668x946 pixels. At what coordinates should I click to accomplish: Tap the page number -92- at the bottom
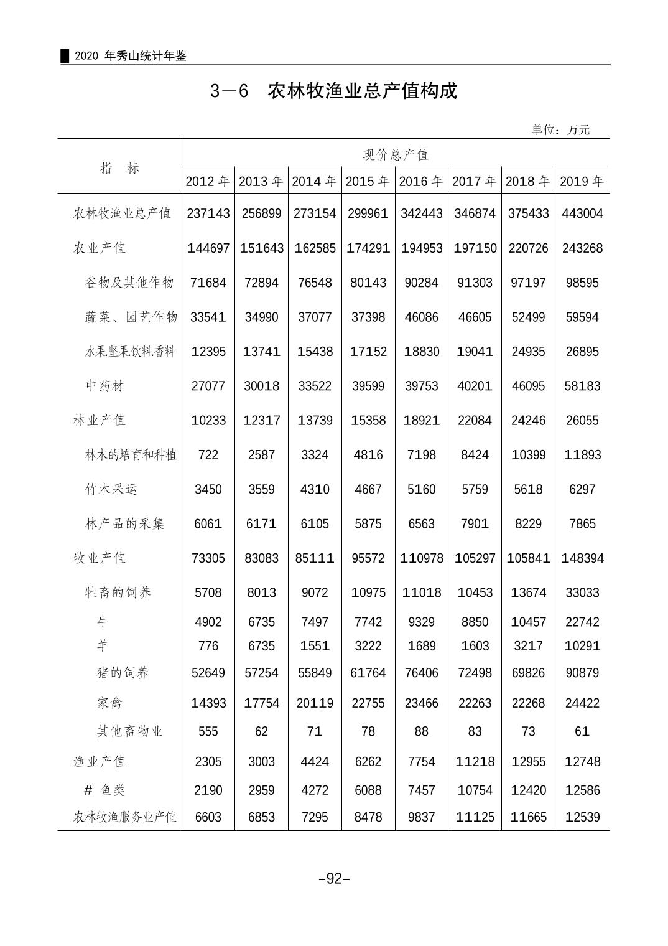point(334,878)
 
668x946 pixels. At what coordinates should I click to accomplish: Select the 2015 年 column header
point(368,181)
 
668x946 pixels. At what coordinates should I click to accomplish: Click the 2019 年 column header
point(582,181)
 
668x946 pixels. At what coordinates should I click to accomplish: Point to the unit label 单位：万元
point(560,129)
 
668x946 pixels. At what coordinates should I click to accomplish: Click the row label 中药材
point(105,386)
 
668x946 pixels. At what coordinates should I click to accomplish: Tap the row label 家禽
point(110,703)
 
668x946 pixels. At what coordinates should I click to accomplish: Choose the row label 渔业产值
point(100,761)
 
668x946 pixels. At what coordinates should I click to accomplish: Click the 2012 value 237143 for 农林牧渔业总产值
point(208,213)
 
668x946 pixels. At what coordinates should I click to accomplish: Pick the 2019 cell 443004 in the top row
point(582,213)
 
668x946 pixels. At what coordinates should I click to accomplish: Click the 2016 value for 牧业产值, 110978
point(421,558)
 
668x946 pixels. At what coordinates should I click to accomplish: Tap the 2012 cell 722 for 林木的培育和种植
point(208,455)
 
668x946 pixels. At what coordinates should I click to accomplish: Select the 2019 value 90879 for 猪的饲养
point(582,673)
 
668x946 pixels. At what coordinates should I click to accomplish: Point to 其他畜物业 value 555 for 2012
point(208,731)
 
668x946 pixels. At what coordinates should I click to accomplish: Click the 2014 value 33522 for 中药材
point(315,386)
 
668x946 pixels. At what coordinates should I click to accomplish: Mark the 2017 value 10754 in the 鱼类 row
point(475,790)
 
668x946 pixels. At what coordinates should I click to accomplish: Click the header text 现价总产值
point(396,154)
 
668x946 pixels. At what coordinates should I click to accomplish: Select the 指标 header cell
point(120,168)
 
